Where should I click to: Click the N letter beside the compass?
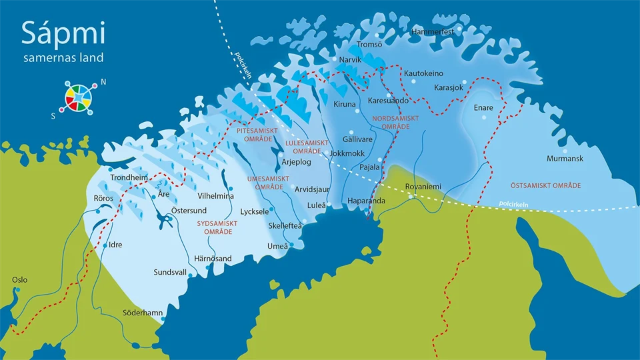[103, 83]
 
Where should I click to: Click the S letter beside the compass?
[53, 115]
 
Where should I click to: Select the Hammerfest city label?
[433, 32]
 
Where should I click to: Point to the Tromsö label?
[370, 45]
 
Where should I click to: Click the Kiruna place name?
[345, 104]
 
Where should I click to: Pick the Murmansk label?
[565, 159]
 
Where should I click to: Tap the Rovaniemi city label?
[423, 187]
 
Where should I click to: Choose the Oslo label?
[20, 279]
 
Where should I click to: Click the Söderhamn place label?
[142, 313]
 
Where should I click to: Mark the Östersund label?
[189, 211]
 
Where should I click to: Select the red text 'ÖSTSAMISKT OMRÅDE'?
[545, 185]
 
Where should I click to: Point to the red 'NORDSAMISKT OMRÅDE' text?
[395, 122]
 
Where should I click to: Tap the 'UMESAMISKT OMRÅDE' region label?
[268, 183]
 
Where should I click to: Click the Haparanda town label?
[367, 201]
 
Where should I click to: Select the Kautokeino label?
[424, 73]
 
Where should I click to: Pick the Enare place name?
[483, 107]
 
